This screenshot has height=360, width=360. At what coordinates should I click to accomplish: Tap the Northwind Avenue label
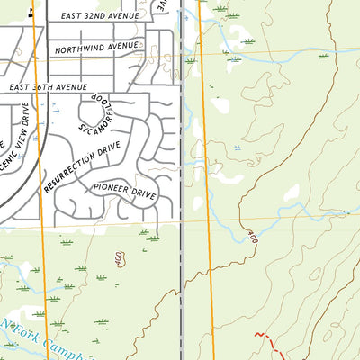(97, 46)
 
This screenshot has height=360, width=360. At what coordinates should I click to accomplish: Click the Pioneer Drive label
(124, 191)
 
